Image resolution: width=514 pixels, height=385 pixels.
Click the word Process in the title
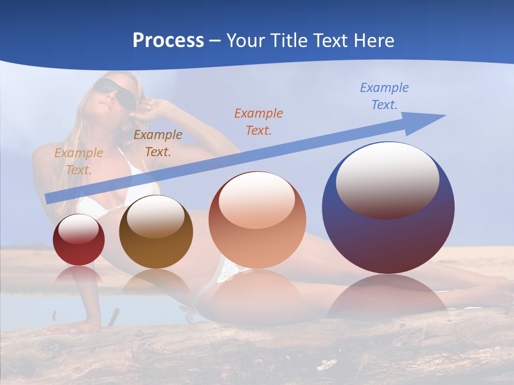(168, 41)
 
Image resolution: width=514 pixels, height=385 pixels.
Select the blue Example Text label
(384, 96)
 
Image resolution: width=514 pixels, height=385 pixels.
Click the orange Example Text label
(258, 121)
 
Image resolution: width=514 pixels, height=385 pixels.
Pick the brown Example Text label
(157, 143)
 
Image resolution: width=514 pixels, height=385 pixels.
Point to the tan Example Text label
(78, 161)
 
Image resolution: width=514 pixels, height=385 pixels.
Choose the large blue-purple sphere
(388, 235)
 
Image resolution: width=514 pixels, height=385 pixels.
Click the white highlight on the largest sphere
(387, 179)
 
